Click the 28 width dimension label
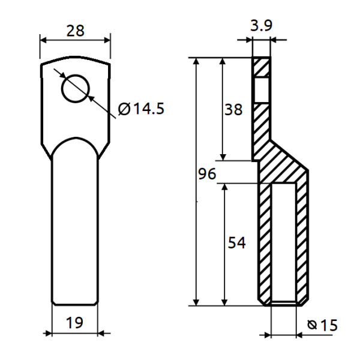tap(75, 31)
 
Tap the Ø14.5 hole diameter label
tap(141, 109)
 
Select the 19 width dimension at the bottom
tap(74, 323)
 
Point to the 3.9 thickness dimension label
tap(262, 26)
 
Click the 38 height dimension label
tap(234, 109)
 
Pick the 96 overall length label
tap(206, 175)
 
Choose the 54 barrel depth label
tap(236, 242)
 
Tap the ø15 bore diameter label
tap(322, 325)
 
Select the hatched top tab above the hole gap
tap(262, 67)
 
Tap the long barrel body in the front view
tap(74, 228)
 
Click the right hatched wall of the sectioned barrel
tap(302, 240)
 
